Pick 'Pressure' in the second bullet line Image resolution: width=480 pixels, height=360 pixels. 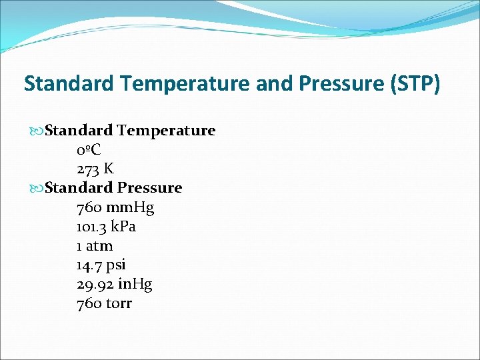pyautogui.click(x=150, y=188)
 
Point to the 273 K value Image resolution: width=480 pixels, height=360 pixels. pyautogui.click(x=95, y=169)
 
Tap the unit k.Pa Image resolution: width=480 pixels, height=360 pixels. pyautogui.click(x=123, y=227)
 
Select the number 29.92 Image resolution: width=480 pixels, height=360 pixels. pyautogui.click(x=94, y=285)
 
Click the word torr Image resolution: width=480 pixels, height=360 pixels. pyautogui.click(x=119, y=304)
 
